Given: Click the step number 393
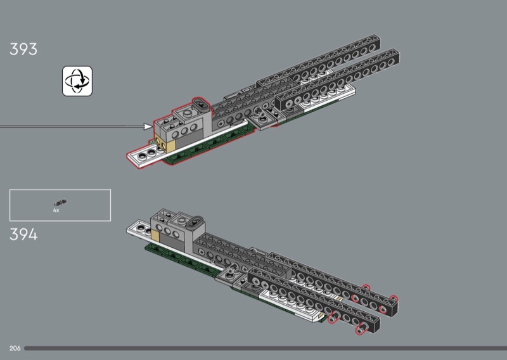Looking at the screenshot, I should pos(23,49).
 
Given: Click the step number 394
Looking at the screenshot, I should pos(23,235).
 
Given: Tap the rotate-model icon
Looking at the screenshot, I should pos(77,81).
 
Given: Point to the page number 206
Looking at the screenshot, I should pos(16,349).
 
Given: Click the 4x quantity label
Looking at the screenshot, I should pos(56,210).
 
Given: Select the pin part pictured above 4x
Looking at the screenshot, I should pos(61,203).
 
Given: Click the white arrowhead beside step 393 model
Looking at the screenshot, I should pos(148,127).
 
